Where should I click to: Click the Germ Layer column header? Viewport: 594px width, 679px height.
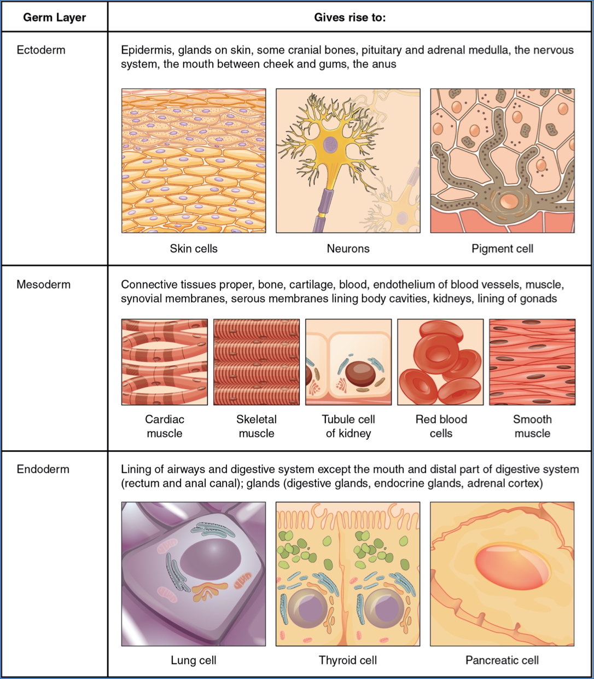point(54,18)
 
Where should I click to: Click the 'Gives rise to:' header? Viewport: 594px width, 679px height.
point(350,18)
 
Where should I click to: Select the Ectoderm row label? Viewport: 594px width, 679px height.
point(41,50)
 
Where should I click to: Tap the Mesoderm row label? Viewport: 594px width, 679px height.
point(43,284)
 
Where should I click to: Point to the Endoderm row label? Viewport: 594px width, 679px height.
point(43,469)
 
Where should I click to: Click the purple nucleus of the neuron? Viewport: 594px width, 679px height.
point(330,145)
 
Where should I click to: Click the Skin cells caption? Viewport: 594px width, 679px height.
point(194,249)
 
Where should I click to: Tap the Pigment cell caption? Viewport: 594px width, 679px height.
point(502,249)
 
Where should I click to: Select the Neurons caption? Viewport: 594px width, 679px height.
point(348,249)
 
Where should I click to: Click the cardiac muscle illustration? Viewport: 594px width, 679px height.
point(165,362)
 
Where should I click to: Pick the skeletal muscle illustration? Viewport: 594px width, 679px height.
point(257,362)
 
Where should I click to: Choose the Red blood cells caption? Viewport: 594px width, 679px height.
point(441,426)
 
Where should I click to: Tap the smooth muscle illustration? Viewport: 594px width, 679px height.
point(532,362)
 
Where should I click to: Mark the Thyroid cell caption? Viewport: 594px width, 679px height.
point(348,660)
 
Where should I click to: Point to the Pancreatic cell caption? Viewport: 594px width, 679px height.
point(502,660)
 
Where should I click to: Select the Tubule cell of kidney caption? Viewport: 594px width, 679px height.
point(348,426)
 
